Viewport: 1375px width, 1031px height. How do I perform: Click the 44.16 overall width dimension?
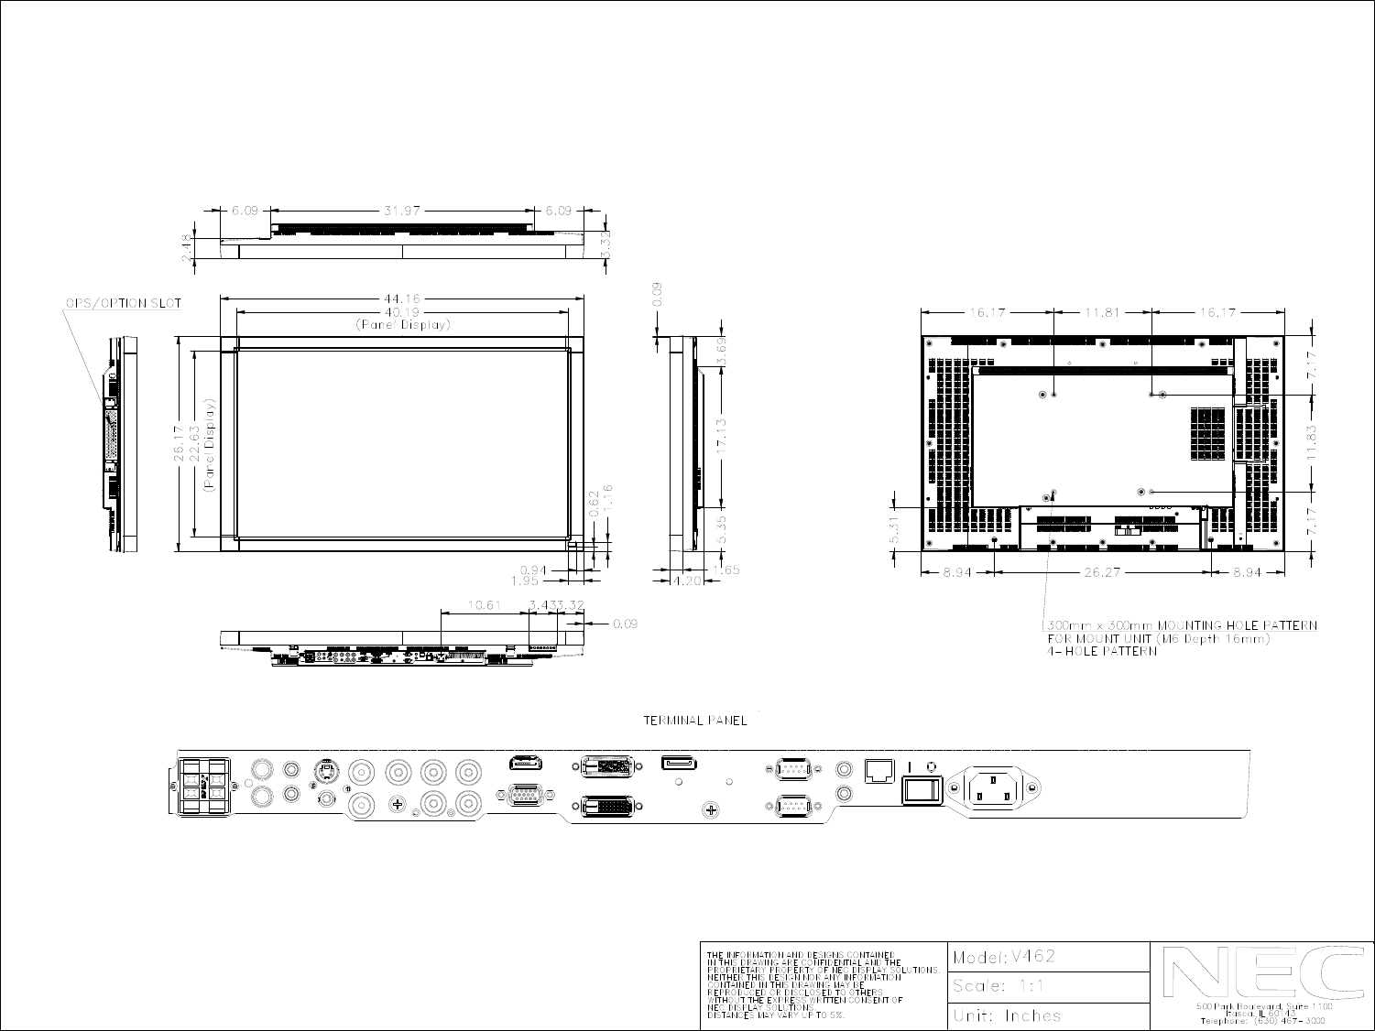point(402,298)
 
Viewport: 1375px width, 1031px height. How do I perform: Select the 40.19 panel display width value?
point(402,311)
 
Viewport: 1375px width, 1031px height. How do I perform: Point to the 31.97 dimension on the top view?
point(402,210)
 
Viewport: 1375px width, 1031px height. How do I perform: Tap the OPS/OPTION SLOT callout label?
point(123,303)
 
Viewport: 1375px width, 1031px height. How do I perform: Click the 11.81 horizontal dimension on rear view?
point(1103,312)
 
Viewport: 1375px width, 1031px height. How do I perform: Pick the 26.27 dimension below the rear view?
point(1103,573)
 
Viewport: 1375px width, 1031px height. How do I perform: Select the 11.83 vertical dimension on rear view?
point(1313,443)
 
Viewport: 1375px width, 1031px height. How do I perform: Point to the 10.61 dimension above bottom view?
point(485,604)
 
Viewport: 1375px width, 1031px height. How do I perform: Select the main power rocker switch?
point(922,789)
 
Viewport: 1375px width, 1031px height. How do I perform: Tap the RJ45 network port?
point(880,770)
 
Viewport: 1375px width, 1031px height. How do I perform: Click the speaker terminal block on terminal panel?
point(203,787)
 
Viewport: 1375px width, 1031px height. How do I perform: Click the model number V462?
point(1032,957)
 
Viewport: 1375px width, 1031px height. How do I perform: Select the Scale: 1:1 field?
point(999,986)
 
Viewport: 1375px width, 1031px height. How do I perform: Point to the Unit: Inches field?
point(1007,1015)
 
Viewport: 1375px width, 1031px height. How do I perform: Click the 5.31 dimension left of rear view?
point(894,529)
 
